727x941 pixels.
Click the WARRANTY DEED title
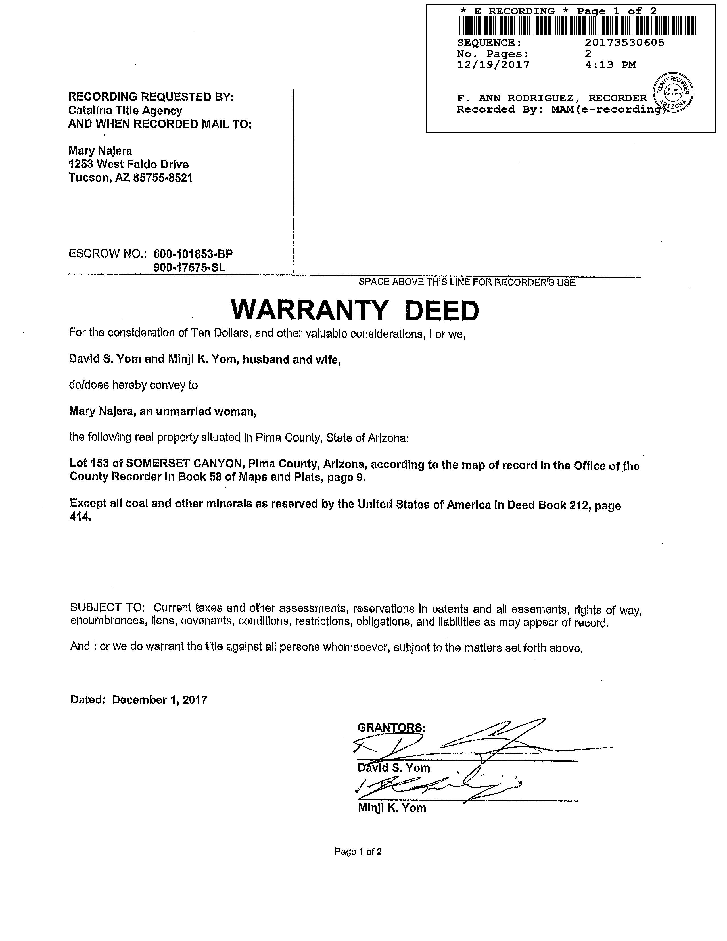coord(355,310)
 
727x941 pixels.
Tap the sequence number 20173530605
coord(624,43)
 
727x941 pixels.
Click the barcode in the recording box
coord(577,25)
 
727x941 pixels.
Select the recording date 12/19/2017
coord(493,64)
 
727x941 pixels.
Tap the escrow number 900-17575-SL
coord(189,268)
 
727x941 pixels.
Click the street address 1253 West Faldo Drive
coord(128,164)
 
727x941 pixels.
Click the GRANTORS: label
coord(391,728)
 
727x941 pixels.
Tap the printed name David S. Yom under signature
coord(394,768)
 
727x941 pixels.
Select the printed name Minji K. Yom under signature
coord(392,808)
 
